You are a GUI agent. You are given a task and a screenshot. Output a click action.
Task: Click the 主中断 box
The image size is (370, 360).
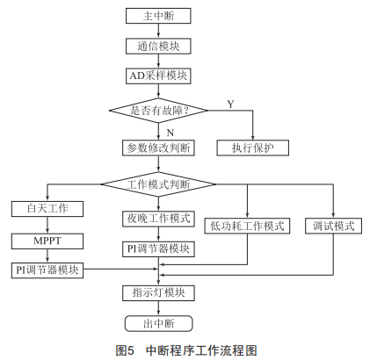click(158, 16)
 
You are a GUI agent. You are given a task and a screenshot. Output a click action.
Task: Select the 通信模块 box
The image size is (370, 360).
click(158, 47)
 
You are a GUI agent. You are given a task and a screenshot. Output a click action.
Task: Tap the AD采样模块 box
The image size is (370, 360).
click(158, 76)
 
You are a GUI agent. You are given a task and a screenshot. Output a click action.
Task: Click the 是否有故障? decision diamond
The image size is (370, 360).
click(158, 111)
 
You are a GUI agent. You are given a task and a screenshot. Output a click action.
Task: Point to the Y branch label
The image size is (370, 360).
click(231, 104)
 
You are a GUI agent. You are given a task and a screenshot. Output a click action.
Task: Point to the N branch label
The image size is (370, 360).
click(170, 133)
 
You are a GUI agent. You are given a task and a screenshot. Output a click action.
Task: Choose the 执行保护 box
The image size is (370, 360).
click(252, 148)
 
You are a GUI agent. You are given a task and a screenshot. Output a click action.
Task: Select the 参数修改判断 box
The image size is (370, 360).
click(158, 148)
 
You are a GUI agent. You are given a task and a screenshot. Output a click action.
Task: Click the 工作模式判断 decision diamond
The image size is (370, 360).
click(158, 184)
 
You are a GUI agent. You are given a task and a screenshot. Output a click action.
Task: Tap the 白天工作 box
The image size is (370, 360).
click(47, 209)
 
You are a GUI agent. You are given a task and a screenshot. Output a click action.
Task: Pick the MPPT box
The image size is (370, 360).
click(47, 241)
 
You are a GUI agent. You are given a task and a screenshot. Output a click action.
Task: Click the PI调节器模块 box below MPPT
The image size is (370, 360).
click(47, 270)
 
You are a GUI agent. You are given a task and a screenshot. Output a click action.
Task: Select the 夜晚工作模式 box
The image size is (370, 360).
click(158, 219)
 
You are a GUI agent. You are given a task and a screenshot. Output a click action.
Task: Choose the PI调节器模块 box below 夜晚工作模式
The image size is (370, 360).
click(158, 249)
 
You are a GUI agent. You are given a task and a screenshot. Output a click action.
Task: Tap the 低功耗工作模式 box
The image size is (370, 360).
click(247, 226)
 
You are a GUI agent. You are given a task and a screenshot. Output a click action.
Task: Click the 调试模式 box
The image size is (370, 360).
click(333, 226)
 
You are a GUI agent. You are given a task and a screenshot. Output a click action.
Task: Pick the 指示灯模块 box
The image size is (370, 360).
click(158, 293)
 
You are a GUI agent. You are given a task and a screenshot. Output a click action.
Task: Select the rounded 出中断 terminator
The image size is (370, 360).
click(158, 323)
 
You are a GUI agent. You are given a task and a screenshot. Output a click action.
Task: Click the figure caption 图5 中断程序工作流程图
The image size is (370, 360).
click(186, 349)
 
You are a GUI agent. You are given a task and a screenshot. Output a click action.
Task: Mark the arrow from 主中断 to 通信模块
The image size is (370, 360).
click(158, 31)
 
